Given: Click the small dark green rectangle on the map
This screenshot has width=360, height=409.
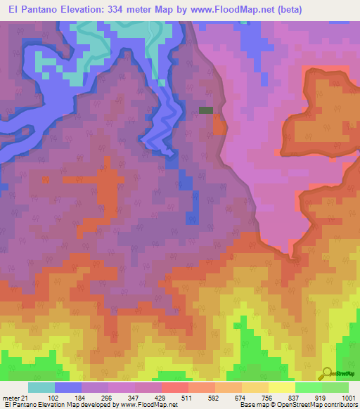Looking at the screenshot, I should (205, 110).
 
